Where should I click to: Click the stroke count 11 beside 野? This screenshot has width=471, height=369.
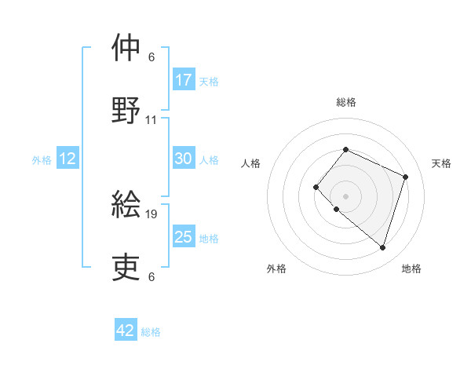(152, 120)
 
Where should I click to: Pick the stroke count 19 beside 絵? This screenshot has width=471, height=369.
(152, 214)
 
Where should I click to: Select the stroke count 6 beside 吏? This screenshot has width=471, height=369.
(152, 276)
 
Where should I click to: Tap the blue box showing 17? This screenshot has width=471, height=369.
(184, 80)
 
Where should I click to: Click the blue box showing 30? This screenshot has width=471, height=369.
(184, 159)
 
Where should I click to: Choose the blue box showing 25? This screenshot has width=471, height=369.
(184, 237)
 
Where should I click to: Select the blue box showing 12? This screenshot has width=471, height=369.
(68, 159)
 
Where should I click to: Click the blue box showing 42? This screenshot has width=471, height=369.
(126, 331)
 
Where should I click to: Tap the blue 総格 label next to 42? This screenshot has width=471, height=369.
(151, 332)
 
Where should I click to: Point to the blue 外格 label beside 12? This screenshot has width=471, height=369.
(42, 160)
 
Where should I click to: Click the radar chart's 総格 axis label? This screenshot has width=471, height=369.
(345, 102)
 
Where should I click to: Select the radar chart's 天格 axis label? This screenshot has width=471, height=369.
(442, 163)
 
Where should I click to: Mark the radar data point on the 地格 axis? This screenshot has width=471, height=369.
(382, 248)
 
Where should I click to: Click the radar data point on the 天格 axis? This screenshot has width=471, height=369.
(405, 177)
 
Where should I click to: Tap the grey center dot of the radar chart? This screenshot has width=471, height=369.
(345, 195)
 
